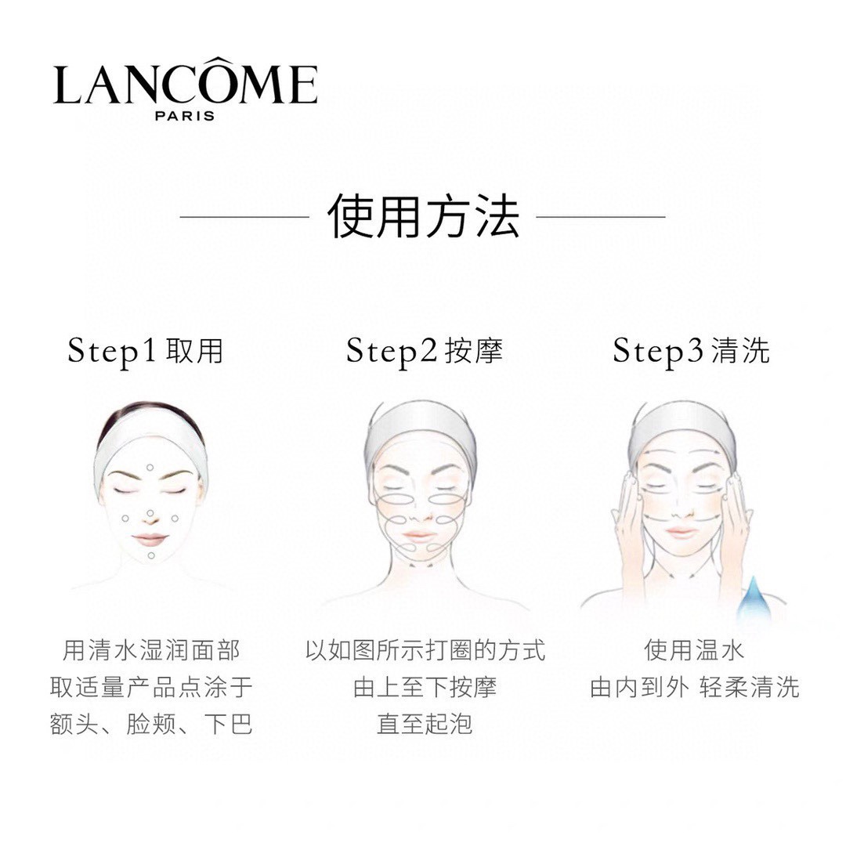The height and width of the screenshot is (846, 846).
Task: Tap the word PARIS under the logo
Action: coord(185,116)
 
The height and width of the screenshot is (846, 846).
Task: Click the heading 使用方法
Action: coord(423,216)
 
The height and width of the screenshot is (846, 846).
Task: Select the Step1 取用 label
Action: coord(145,351)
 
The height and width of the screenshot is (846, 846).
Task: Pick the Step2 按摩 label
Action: coord(424,351)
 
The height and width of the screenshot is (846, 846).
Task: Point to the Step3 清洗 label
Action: coord(691,351)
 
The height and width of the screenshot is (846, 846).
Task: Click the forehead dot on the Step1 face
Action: coord(150,467)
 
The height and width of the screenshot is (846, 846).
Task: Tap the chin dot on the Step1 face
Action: coord(151,555)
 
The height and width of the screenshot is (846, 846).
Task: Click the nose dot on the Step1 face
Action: coord(150,512)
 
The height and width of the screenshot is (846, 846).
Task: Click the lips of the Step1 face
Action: coord(150,539)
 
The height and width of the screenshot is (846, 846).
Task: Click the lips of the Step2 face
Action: coord(418,535)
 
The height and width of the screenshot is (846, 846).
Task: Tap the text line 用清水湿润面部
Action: coord(151,650)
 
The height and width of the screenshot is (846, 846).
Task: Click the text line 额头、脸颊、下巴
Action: coord(151,724)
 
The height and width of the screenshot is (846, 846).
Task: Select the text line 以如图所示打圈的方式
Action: coord(425,650)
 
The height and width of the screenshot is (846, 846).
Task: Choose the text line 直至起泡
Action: coord(425,724)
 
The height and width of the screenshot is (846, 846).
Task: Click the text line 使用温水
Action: coord(694,650)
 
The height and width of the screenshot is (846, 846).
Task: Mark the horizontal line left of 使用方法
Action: coord(244,217)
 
